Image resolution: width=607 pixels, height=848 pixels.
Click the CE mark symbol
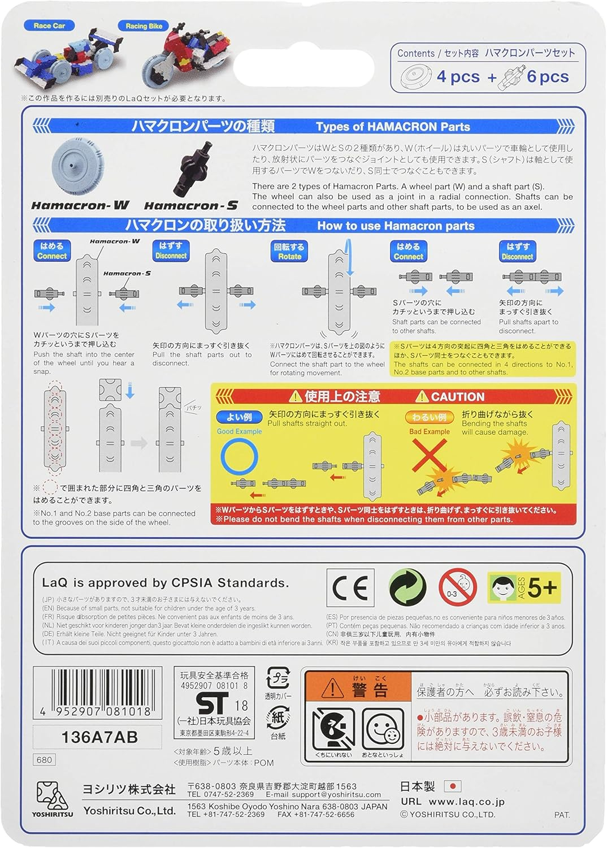click(350, 588)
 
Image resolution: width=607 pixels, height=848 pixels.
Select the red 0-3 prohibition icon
click(458, 588)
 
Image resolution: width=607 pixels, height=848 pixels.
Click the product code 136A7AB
click(99, 737)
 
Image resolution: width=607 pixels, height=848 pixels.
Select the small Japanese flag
click(453, 786)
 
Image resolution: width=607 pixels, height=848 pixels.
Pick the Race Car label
click(49, 25)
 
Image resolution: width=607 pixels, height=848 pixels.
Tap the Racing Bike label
click(144, 26)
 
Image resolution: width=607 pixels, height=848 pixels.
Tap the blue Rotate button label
click(289, 252)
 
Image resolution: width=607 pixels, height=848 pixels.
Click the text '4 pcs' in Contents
click(458, 77)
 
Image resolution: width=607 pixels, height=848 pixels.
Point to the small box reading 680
click(44, 760)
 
